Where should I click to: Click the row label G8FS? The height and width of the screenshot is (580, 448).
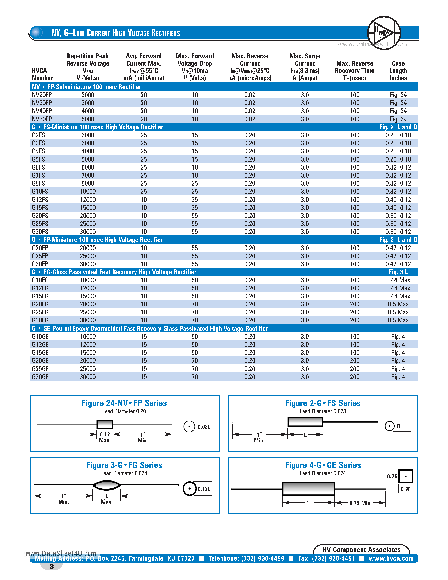(39, 183)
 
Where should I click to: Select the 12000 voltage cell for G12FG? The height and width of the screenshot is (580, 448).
(88, 288)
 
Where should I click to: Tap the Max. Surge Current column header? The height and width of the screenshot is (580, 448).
(305, 67)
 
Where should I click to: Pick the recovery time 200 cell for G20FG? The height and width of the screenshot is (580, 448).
(355, 304)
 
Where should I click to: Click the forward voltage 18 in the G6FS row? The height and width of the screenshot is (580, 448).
(195, 167)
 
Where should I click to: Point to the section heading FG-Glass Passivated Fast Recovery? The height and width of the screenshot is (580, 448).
(119, 272)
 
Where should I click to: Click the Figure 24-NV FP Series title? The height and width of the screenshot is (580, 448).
(124, 403)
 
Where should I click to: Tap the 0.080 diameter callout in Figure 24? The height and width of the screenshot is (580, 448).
(204, 427)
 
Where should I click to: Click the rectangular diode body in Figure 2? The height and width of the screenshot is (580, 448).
(305, 421)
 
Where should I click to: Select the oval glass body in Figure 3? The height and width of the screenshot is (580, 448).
(106, 485)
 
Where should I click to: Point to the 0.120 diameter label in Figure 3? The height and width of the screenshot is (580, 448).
(204, 489)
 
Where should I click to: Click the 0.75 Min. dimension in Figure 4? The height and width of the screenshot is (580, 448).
(360, 503)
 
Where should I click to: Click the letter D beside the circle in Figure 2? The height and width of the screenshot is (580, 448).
(398, 426)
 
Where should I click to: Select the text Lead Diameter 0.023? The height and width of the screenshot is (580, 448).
(323, 411)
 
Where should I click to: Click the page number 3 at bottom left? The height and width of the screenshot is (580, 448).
(51, 566)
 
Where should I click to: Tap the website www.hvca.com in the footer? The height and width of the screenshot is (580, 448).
(391, 558)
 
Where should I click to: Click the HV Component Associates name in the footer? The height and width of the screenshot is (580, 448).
(361, 549)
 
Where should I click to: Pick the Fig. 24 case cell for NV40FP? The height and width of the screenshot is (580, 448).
(398, 111)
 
